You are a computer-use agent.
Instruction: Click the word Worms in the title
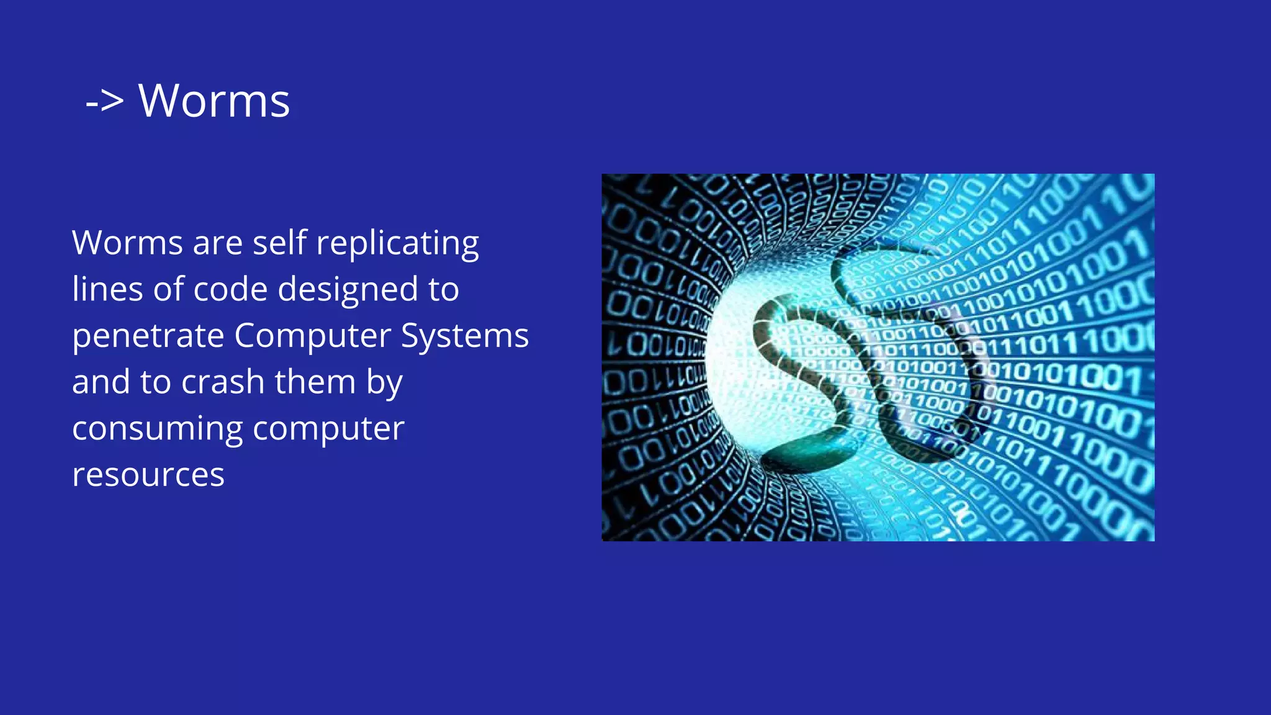click(214, 101)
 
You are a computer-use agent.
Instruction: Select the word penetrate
click(148, 336)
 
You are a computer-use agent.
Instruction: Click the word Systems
click(465, 337)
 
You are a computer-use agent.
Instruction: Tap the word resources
click(148, 475)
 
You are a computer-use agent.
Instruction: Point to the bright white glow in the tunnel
click(739, 372)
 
